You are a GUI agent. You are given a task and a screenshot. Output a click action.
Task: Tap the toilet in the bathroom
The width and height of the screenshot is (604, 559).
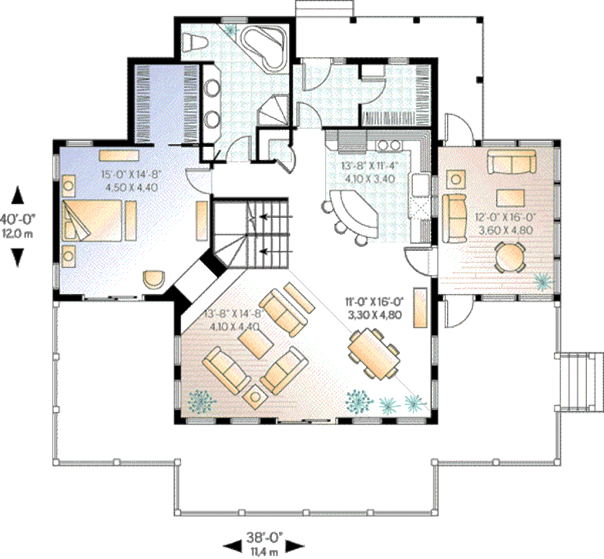193,43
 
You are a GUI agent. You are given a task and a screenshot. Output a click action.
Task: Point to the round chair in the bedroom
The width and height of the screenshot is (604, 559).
155,277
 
